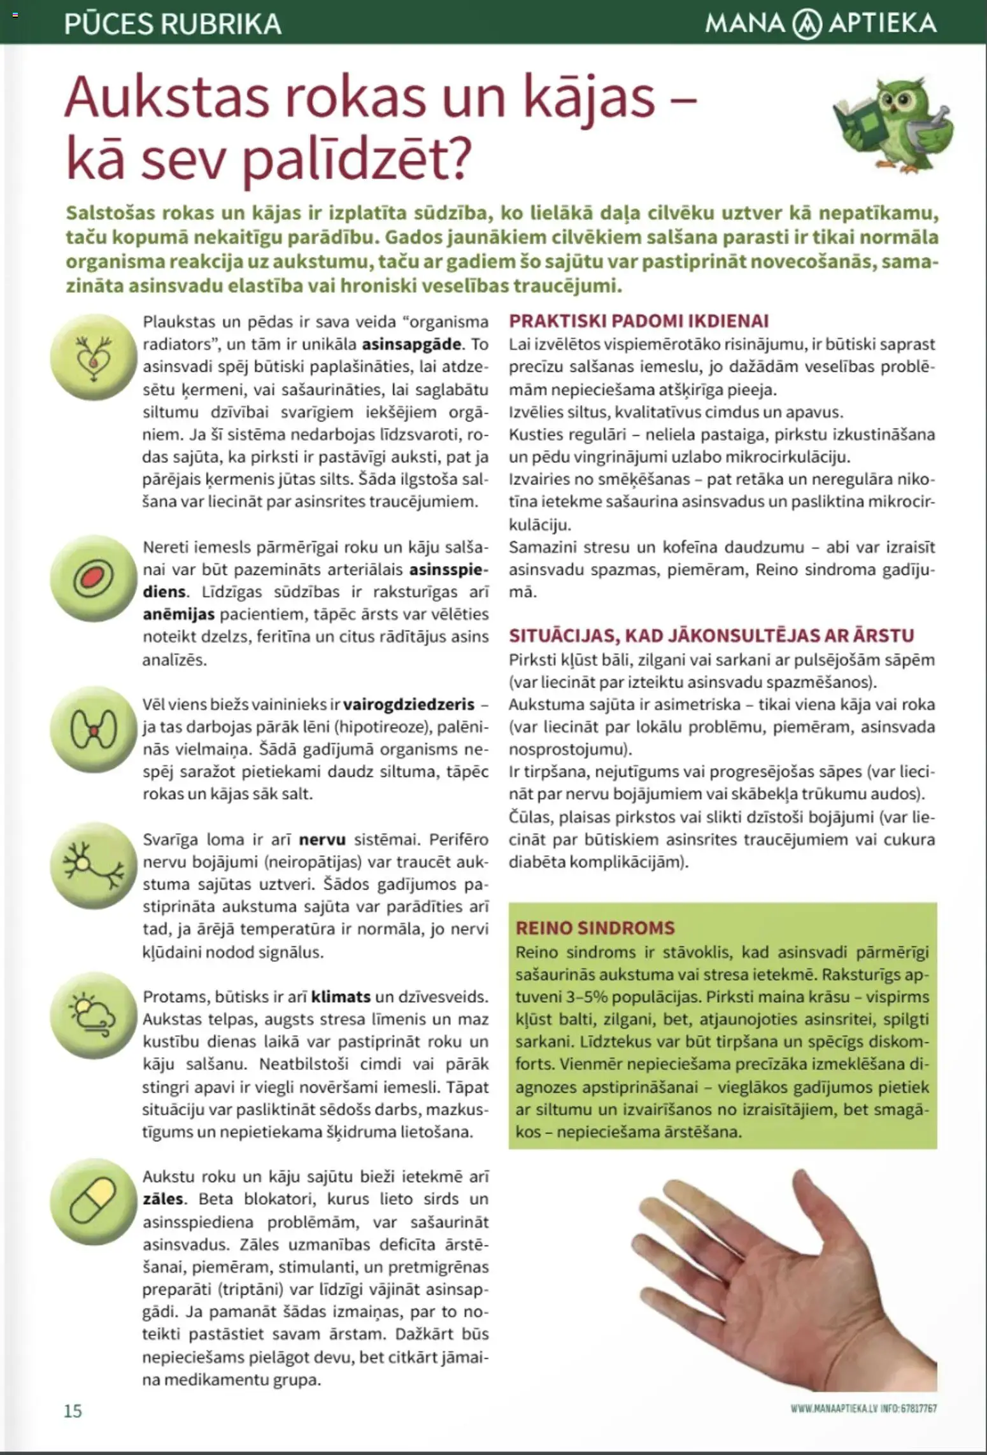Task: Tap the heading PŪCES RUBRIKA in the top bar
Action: pos(173,24)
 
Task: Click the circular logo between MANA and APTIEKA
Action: pos(806,25)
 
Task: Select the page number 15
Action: pos(73,1410)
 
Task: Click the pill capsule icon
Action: pos(94,1201)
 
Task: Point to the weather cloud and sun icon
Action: pos(94,1015)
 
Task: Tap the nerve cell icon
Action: pos(94,865)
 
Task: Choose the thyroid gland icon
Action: pos(94,729)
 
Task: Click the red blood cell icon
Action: pos(94,578)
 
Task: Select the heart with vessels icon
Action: pos(94,357)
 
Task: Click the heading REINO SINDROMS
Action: pos(595,928)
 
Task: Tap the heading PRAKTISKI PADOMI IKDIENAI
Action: pos(639,320)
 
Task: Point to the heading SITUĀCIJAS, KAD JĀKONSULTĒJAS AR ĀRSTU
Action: pos(711,635)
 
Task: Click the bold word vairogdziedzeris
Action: pos(409,704)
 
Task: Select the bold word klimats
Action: pos(341,997)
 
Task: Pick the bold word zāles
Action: pos(164,1199)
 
